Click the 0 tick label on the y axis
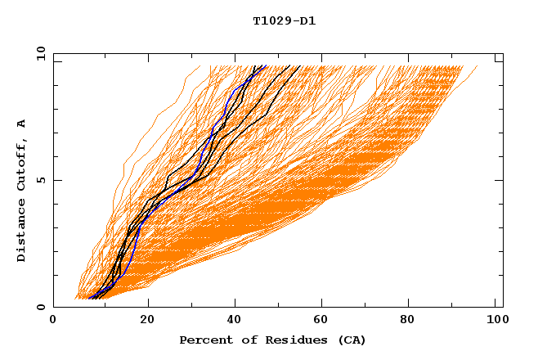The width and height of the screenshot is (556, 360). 40,307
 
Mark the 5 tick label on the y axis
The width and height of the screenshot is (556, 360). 40,180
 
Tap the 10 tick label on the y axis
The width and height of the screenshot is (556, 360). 40,53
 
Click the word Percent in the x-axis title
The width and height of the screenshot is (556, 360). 203,340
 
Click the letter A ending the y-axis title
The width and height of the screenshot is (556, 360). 21,123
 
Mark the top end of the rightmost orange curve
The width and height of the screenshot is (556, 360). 478,66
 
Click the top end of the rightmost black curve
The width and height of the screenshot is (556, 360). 300,66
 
